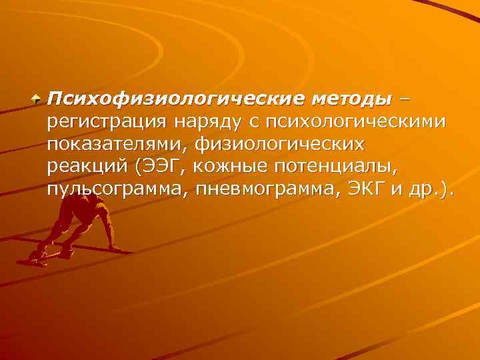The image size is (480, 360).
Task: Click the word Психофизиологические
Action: [175, 99]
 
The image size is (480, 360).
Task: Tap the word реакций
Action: [88, 167]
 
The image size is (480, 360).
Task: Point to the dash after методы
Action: [405, 100]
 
